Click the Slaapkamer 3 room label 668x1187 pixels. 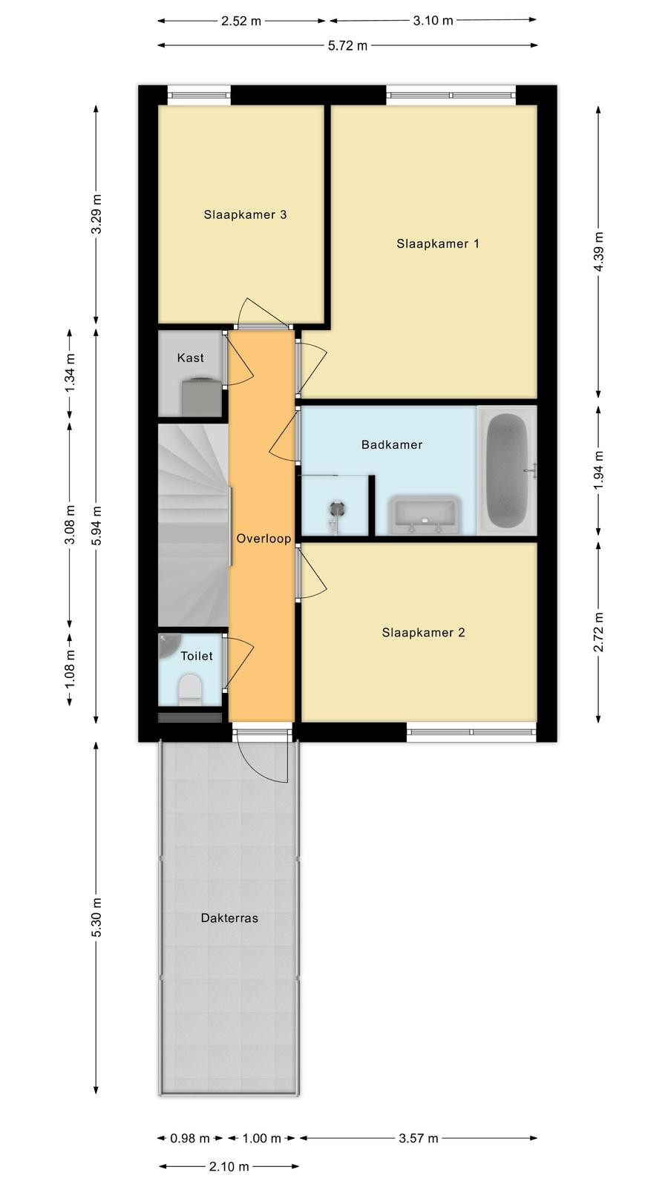coord(245,214)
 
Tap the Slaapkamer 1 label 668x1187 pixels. coord(438,244)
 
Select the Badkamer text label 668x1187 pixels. coord(392,444)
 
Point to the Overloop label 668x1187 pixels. coord(263,539)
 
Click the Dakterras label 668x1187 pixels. coord(229,918)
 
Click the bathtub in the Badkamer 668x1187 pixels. coord(508,470)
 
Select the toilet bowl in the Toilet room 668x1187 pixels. coord(189,689)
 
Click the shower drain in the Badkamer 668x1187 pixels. coord(337,509)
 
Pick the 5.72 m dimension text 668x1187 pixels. coord(348,45)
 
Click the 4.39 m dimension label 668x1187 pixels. coord(598,251)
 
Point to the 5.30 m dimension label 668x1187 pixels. coord(96,917)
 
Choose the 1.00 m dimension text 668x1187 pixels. coord(262,1138)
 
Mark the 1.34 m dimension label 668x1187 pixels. coord(70,372)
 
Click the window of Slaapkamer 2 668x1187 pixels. coord(472,732)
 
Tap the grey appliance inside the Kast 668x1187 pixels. coord(201,396)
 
